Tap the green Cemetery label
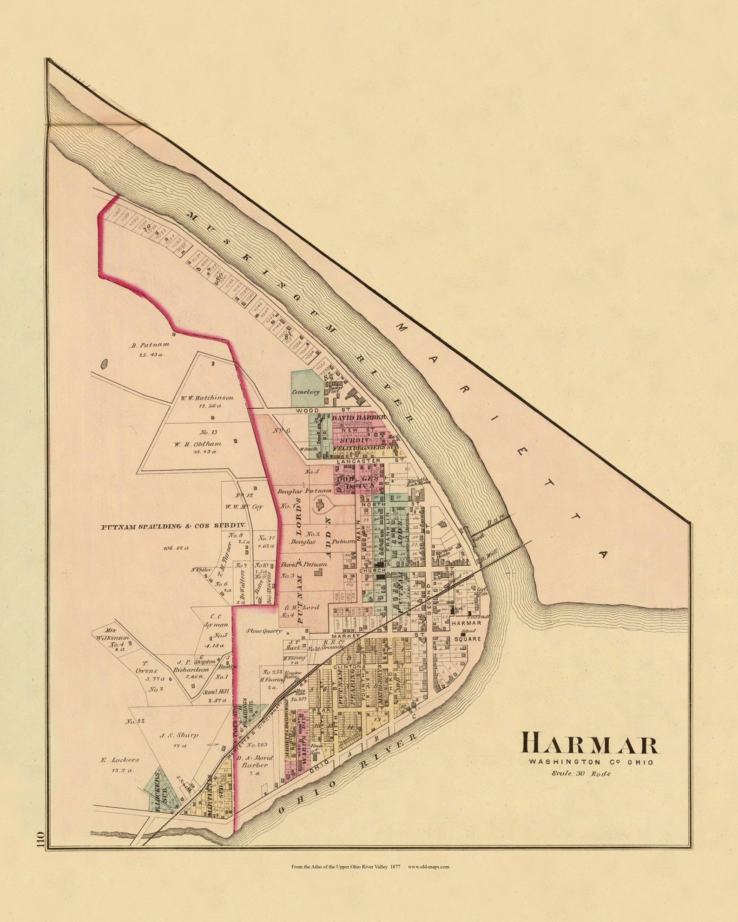(306, 392)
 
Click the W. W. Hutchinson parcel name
(207, 398)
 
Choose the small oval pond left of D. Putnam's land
(105, 362)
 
